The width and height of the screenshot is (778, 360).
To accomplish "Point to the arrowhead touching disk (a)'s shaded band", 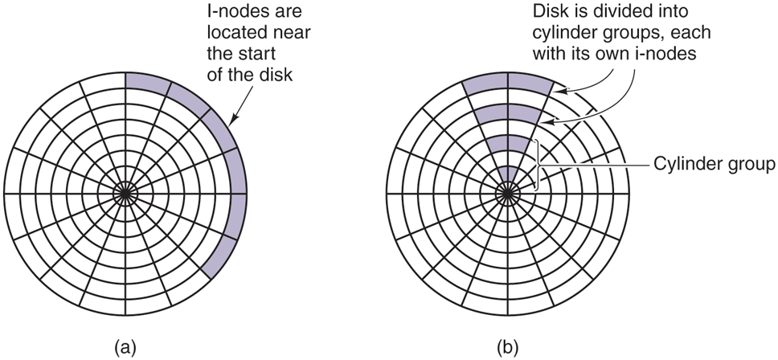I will [232, 123].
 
